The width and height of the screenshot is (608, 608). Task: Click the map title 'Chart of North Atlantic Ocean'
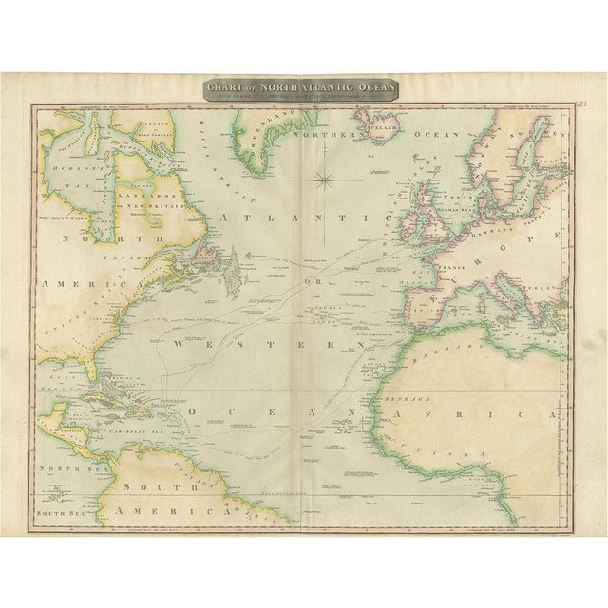pyautogui.click(x=304, y=85)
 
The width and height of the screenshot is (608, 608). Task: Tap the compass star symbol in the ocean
pyautogui.click(x=326, y=177)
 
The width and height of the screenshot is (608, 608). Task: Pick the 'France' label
pyautogui.click(x=450, y=269)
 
